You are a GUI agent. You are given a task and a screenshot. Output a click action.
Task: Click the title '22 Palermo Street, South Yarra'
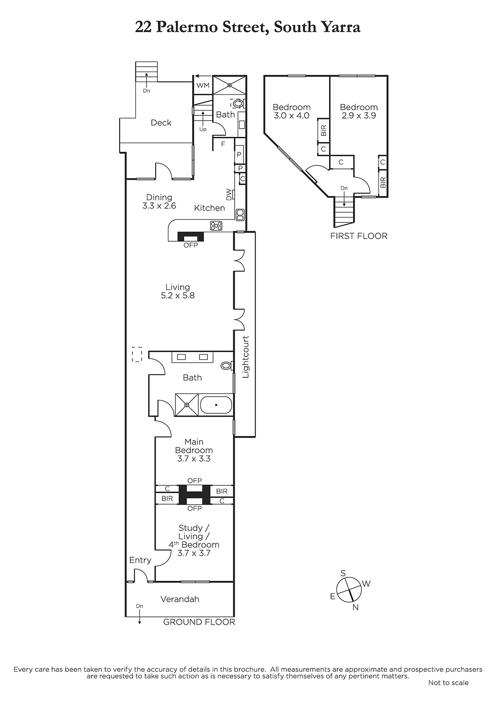tap(247, 28)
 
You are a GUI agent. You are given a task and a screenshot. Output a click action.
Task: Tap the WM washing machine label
tap(203, 85)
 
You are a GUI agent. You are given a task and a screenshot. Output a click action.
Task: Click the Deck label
tap(161, 122)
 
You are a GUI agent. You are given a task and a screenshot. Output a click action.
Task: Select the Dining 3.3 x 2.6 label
tap(159, 201)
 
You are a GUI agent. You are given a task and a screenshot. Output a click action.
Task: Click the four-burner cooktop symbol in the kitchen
tap(217, 226)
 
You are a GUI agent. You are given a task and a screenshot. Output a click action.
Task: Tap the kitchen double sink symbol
tap(240, 215)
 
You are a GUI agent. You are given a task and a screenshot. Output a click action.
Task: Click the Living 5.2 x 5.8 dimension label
tap(178, 291)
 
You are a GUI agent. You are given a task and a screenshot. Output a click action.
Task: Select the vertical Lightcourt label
tap(246, 357)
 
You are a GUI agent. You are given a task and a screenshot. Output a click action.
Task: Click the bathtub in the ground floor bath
tap(216, 405)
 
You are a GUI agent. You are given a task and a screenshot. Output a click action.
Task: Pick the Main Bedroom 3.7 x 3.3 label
tap(194, 450)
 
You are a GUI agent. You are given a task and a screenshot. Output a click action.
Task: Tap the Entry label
tap(140, 560)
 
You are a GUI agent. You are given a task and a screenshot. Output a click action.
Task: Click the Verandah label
tap(180, 599)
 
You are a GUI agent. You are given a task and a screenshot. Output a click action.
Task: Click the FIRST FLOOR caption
tap(359, 236)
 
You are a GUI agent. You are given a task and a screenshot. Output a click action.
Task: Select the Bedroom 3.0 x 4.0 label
tap(291, 111)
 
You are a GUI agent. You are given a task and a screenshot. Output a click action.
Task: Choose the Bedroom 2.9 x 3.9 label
tap(359, 111)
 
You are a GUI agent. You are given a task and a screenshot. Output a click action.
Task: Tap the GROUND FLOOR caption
tap(199, 622)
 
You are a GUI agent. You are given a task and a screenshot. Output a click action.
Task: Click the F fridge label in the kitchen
tap(223, 144)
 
